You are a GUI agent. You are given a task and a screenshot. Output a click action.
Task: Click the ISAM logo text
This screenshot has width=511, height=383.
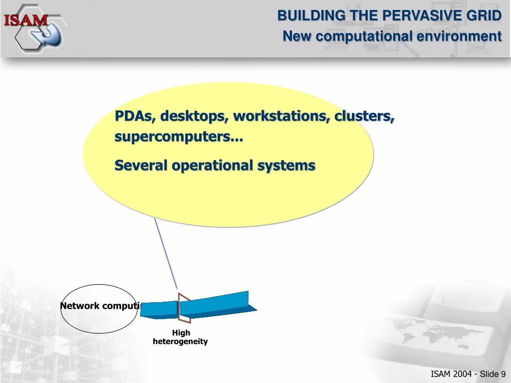(x=26, y=20)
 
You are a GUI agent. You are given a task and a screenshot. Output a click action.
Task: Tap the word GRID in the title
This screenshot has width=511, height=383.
(x=484, y=16)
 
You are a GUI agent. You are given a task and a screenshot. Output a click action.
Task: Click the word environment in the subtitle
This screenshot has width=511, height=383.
(x=459, y=36)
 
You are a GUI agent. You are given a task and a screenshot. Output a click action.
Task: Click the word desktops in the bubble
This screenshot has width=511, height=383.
(x=187, y=116)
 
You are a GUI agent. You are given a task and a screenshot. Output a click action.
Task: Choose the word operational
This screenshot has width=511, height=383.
(x=215, y=165)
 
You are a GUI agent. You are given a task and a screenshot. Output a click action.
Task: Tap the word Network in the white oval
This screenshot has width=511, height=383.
(x=80, y=306)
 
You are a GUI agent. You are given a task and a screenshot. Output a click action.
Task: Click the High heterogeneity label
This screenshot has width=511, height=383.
(x=180, y=338)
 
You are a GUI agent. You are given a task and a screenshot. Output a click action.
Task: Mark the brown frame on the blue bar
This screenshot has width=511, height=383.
(x=184, y=308)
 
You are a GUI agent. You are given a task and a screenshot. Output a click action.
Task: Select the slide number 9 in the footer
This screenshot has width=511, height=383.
(x=503, y=375)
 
